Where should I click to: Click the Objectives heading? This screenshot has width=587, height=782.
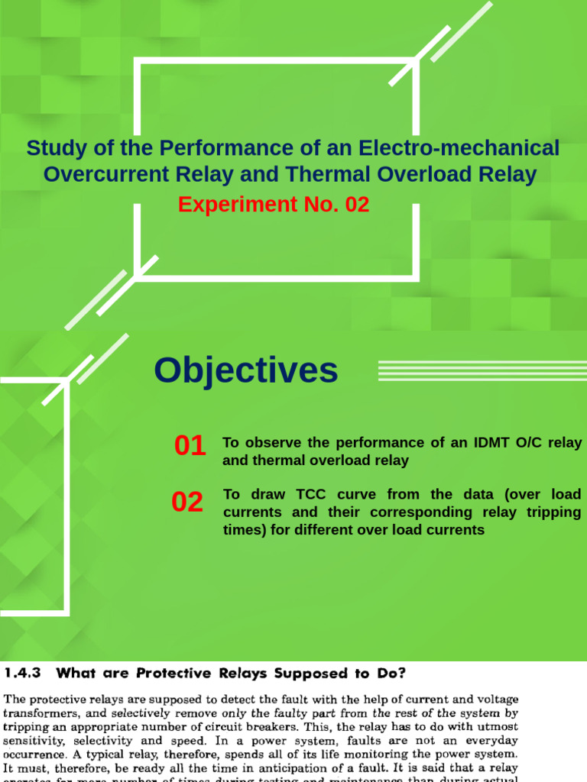(245, 370)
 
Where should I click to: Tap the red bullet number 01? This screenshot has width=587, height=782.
(190, 446)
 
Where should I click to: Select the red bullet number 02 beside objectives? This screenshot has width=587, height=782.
(187, 502)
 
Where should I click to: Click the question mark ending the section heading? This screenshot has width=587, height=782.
(402, 673)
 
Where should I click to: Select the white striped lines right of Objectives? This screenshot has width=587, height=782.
(482, 370)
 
